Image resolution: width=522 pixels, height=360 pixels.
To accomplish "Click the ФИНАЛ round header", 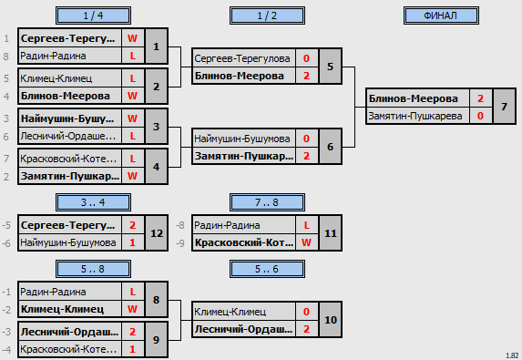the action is point(441,15).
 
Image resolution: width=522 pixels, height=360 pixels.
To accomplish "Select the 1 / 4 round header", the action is point(93,15).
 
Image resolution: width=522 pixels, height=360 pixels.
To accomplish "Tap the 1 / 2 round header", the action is point(267,15).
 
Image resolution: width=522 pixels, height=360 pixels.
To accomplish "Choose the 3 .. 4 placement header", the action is point(93,202).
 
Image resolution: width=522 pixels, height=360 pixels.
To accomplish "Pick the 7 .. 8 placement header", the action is point(267,202).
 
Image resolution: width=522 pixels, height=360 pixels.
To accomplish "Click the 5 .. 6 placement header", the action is point(267,269).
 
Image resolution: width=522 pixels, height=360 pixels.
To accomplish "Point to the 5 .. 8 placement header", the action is point(93,269).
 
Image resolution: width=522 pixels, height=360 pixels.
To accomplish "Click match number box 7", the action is point(504,107).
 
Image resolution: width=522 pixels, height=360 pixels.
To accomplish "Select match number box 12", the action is point(157,233).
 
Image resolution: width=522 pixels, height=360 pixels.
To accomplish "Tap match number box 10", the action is point(331,320).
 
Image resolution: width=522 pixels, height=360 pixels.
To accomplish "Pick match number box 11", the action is point(331,233).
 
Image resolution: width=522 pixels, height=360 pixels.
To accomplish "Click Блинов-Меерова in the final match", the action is point(414,98).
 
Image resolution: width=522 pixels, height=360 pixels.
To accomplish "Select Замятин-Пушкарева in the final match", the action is point(415,116).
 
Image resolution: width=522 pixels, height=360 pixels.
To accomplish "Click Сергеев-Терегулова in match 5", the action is point(242,58).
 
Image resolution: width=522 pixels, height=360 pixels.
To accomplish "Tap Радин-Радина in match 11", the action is point(227,225).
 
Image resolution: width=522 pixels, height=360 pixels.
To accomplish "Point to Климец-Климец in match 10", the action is point(230,312).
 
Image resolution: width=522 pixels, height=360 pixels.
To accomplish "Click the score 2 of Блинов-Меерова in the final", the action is point(480,98).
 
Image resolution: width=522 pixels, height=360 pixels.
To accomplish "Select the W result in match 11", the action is point(306,242).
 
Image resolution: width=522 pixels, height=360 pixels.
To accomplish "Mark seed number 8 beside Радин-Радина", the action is point(6,57).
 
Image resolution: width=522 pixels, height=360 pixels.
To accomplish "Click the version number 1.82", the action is point(512,355).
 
